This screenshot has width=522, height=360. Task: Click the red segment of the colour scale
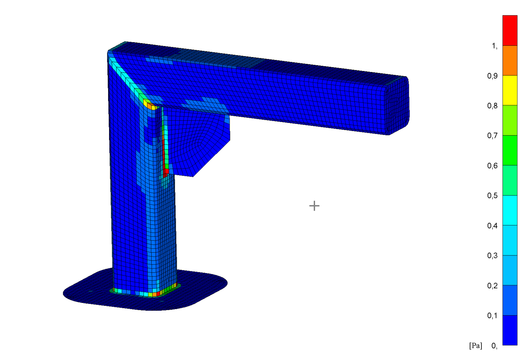click(510, 30)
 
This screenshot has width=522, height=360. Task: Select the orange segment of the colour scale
click(510, 60)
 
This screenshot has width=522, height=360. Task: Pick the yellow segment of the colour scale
click(510, 90)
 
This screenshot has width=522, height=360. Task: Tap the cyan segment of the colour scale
click(510, 210)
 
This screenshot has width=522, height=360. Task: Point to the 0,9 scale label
click(492, 76)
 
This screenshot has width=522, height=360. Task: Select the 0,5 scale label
click(492, 196)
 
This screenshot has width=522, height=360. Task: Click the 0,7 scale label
click(492, 136)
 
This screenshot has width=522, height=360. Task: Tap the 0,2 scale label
click(492, 286)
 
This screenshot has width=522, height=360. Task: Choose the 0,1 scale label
click(492, 316)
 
